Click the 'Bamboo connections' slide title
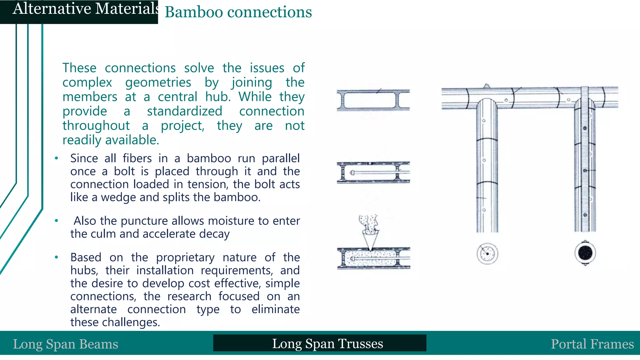click(238, 12)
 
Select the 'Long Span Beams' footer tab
click(66, 344)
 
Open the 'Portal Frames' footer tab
click(592, 344)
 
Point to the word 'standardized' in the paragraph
click(184, 111)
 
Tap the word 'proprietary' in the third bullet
click(185, 257)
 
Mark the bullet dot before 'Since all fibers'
click(56, 158)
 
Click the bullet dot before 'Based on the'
click(56, 257)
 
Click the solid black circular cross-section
click(585, 253)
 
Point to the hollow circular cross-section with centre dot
click(487, 254)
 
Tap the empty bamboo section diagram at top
click(373, 100)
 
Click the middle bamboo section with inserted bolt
click(373, 172)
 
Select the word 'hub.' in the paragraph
click(218, 97)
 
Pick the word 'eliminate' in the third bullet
click(275, 309)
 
